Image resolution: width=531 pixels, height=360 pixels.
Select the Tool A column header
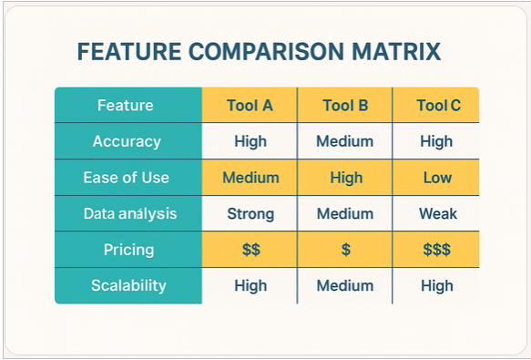[x=250, y=105]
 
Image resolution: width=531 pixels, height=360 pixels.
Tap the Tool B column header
[x=344, y=105]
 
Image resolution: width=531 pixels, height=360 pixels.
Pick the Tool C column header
[x=438, y=105]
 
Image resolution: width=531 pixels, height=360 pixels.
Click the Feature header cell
[x=128, y=105]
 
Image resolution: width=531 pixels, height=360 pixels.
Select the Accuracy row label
[x=128, y=141]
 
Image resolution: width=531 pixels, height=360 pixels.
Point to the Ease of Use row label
[x=128, y=178]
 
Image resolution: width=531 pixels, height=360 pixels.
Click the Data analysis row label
[x=128, y=214]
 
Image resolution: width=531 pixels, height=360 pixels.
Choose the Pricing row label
[x=128, y=250]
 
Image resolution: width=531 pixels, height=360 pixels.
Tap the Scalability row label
[x=128, y=285]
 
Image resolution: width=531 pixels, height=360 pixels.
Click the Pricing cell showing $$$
[x=437, y=250]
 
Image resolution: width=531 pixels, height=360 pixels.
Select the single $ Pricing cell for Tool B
[x=344, y=250]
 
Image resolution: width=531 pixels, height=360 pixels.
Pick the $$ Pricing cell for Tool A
[x=250, y=250]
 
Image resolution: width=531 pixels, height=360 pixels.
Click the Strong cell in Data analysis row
[x=250, y=214]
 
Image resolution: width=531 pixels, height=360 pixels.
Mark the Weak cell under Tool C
[x=437, y=214]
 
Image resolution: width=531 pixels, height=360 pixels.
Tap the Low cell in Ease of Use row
[x=437, y=178]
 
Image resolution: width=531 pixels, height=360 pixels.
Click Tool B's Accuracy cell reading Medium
[x=344, y=141]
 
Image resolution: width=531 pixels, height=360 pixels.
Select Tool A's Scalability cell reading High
[x=250, y=285]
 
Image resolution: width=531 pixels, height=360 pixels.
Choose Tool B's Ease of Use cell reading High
[x=344, y=178]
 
